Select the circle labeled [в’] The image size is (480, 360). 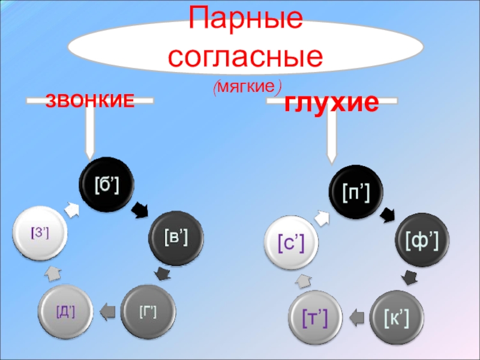(x=176, y=238)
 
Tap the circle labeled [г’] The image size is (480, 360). (x=148, y=311)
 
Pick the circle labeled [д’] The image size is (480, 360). (x=66, y=311)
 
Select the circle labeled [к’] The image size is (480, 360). (x=397, y=319)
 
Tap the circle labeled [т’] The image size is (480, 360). (x=314, y=319)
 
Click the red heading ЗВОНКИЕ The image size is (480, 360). (x=89, y=101)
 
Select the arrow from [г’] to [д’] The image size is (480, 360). (x=107, y=311)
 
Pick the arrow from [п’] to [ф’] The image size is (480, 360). (x=388, y=213)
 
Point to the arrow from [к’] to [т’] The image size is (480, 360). (x=356, y=317)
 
